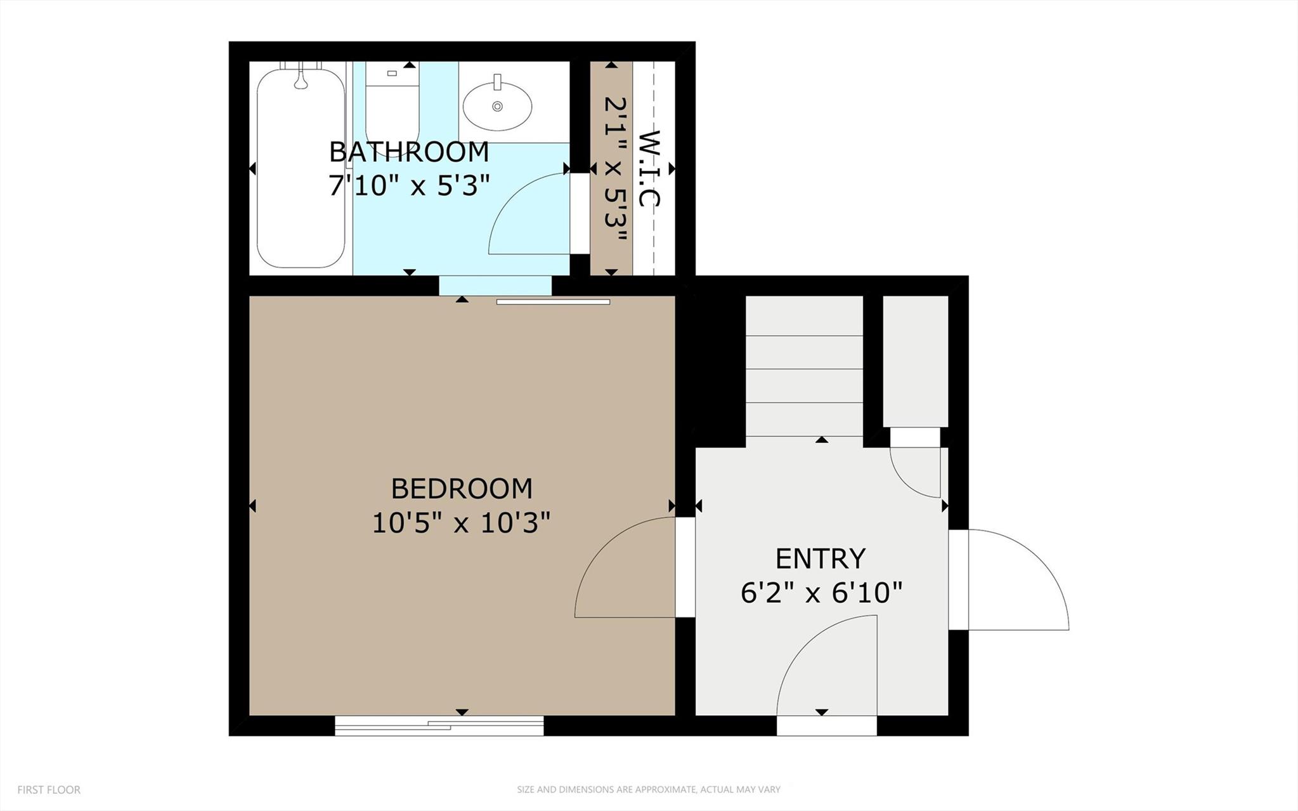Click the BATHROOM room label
point(409,152)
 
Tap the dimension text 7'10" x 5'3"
point(409,186)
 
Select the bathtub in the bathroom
point(301,168)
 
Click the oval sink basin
point(497,107)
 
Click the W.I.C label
point(649,169)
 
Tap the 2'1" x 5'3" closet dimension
point(614,169)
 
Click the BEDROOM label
point(461,489)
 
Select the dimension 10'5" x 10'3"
point(461,524)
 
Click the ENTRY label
point(821,558)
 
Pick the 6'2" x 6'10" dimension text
point(821,593)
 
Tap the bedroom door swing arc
point(609,558)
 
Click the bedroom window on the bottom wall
point(439,725)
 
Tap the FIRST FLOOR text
point(49,790)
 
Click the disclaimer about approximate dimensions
point(648,790)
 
